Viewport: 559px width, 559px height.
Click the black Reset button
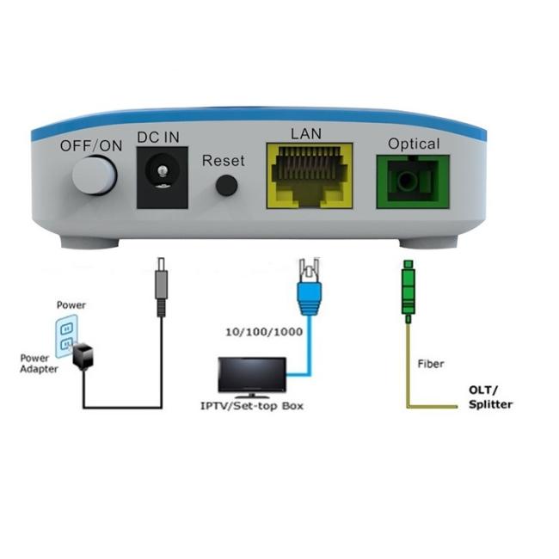click(x=227, y=185)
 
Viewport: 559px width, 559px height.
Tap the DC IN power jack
click(x=163, y=177)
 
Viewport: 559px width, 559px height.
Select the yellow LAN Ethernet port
click(x=310, y=175)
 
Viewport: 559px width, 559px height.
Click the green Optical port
click(x=413, y=181)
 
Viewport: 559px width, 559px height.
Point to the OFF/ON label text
click(x=91, y=146)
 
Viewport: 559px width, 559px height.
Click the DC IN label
click(x=158, y=138)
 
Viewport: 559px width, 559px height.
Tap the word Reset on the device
click(x=224, y=161)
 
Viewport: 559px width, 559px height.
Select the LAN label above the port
click(x=306, y=133)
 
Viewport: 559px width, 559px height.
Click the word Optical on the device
click(x=414, y=144)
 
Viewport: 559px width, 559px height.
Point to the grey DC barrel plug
click(x=162, y=286)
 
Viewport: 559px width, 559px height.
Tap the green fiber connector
click(x=408, y=292)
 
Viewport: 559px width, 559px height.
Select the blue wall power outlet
click(x=66, y=336)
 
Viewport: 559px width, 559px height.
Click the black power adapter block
click(x=83, y=355)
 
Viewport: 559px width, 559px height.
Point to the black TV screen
click(x=252, y=375)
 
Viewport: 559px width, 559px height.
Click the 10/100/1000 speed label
click(x=264, y=332)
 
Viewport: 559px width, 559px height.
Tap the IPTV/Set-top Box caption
click(x=252, y=406)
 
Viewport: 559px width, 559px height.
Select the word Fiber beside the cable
click(x=431, y=364)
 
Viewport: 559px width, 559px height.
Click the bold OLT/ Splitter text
click(x=490, y=397)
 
